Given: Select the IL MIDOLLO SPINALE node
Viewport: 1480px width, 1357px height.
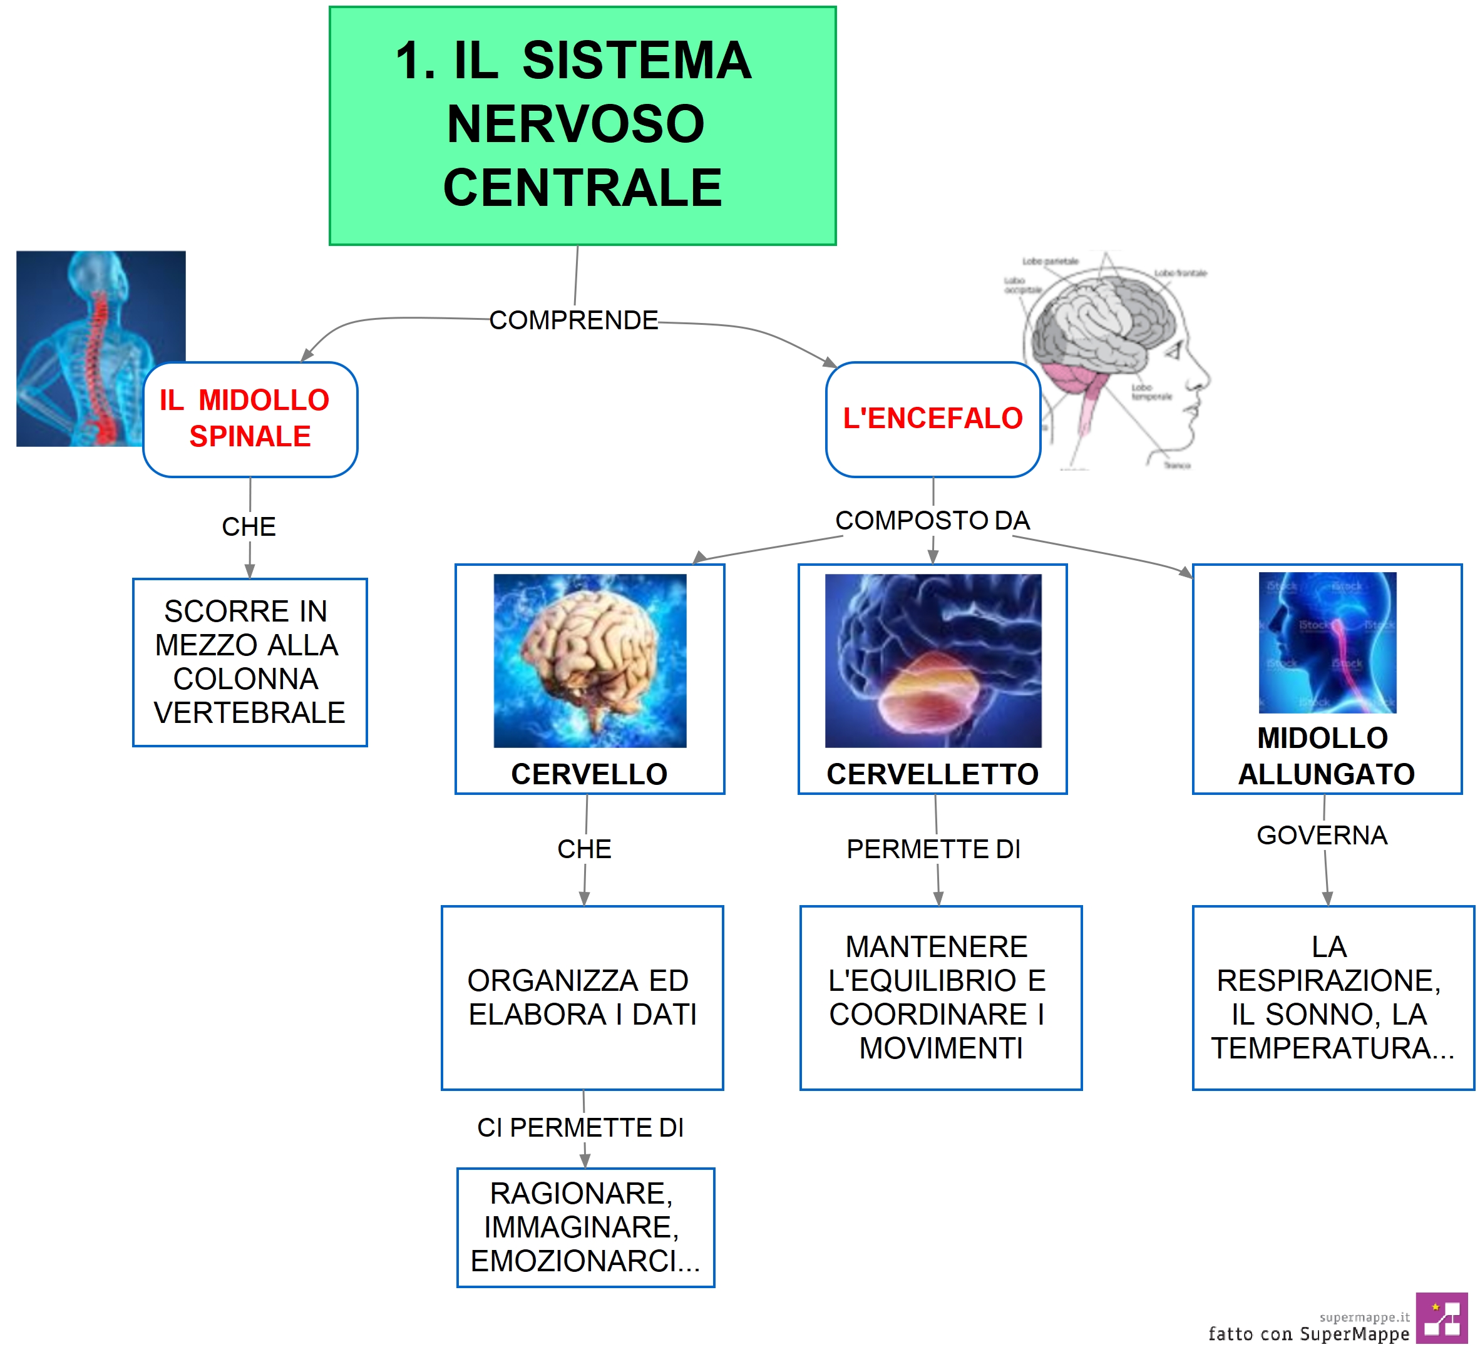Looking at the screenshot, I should pyautogui.click(x=250, y=419).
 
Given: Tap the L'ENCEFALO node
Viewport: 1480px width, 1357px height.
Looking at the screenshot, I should pyautogui.click(x=932, y=419).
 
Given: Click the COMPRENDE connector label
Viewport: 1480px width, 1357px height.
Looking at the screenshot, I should pyautogui.click(x=573, y=320).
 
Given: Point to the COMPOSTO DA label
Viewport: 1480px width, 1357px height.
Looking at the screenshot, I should pyautogui.click(x=932, y=521).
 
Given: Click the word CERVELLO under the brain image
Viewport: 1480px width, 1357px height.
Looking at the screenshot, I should pyautogui.click(x=589, y=774).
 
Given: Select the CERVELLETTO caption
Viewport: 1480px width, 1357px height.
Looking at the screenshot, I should pyautogui.click(x=932, y=774).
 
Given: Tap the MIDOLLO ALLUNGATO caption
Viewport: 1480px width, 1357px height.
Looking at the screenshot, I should pyautogui.click(x=1326, y=756).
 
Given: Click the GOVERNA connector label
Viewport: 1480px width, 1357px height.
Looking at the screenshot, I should pyautogui.click(x=1322, y=835).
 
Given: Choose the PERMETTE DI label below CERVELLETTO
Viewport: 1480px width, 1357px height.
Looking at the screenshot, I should pyautogui.click(x=933, y=849).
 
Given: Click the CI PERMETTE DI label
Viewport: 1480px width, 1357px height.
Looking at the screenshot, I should pyautogui.click(x=580, y=1127).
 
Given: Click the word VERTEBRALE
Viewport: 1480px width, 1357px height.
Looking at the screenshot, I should pyautogui.click(x=249, y=713).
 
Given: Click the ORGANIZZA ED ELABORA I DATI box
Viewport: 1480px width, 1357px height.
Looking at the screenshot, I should pyautogui.click(x=582, y=997).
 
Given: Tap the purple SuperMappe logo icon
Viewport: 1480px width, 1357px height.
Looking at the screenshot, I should pyautogui.click(x=1441, y=1318).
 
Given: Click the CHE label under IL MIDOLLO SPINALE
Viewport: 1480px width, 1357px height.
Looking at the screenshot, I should pyautogui.click(x=249, y=526).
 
